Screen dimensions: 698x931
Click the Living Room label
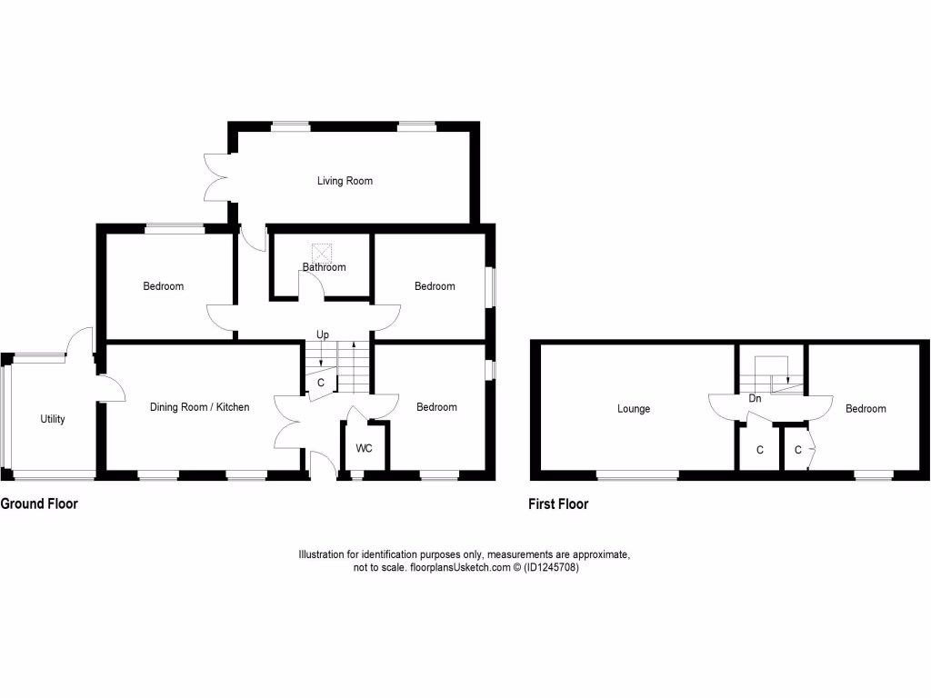[x=345, y=181]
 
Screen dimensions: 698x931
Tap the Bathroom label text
[x=325, y=267]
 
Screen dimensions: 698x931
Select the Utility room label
[x=53, y=419]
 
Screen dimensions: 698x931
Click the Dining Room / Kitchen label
[x=199, y=407]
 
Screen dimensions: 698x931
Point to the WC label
[x=364, y=449]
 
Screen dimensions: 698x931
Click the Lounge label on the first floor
[x=634, y=409]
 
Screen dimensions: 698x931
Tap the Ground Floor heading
[x=39, y=504]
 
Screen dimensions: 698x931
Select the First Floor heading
[x=558, y=504]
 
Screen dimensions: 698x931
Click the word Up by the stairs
[x=322, y=335]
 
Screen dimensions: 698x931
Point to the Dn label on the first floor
[x=755, y=398]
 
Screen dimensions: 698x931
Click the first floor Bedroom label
[x=866, y=409]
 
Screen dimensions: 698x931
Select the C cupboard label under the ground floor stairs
[x=321, y=383]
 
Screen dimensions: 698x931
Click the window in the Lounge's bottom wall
[x=637, y=474]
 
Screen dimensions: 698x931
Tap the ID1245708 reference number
[x=551, y=567]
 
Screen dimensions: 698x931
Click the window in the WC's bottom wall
[x=356, y=474]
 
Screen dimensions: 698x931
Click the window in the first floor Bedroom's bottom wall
[x=873, y=474]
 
